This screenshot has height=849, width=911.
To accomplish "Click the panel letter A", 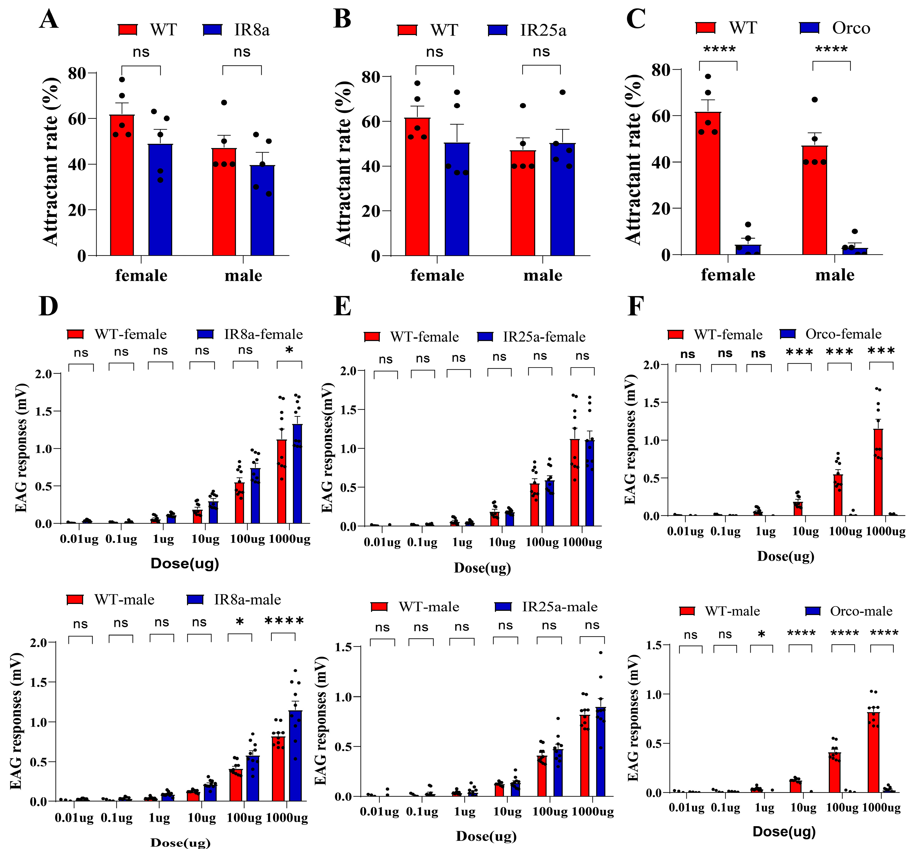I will click(x=49, y=20).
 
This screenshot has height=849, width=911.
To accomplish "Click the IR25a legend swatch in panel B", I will click(x=498, y=30).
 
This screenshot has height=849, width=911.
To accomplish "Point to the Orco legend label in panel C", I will click(x=851, y=28).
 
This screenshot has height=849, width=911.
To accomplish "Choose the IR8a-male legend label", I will click(x=247, y=599).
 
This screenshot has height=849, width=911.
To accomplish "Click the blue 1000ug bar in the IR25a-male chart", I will click(x=600, y=751).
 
